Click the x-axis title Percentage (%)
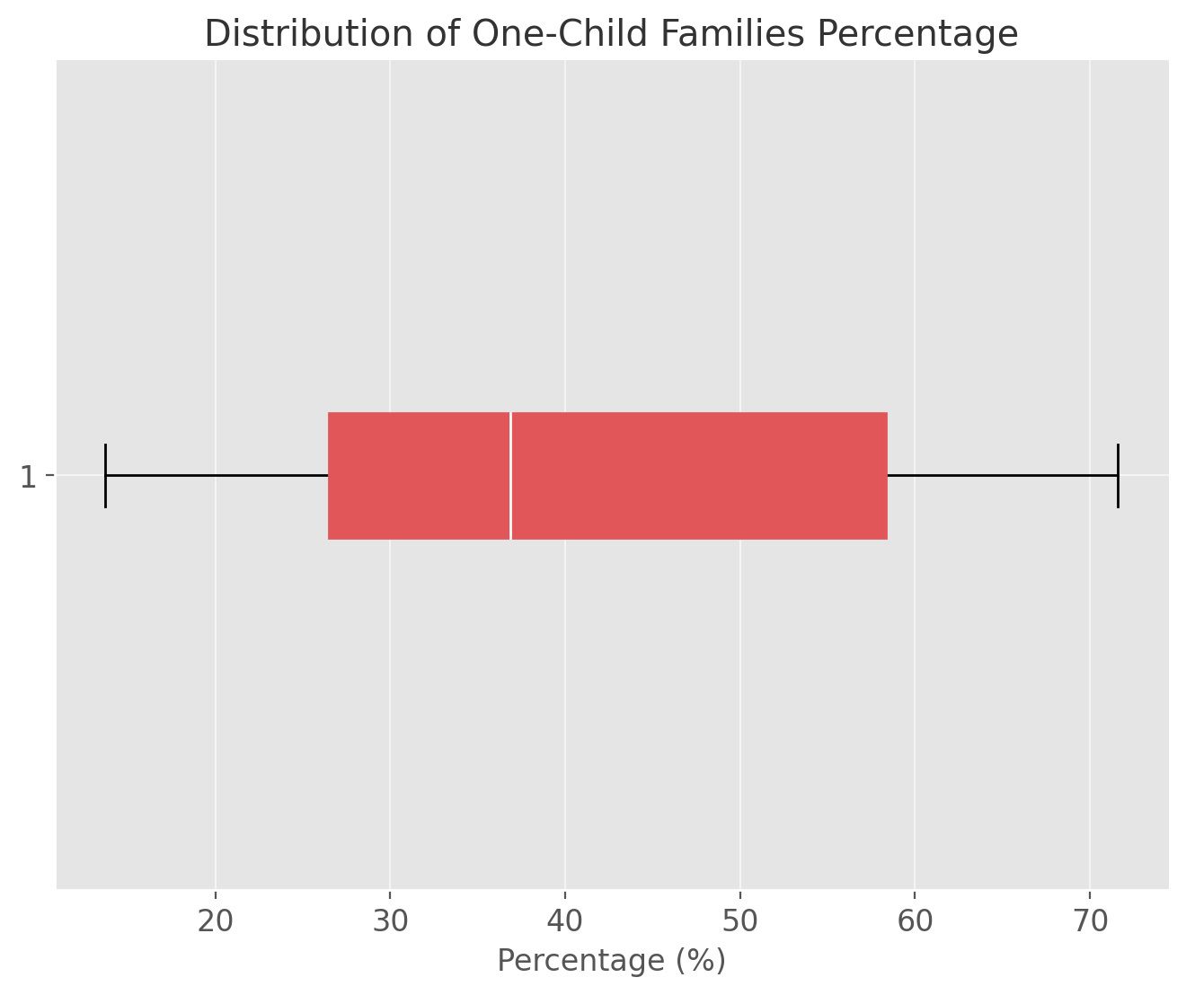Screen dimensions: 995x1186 (x=611, y=961)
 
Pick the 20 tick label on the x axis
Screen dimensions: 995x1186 (x=216, y=922)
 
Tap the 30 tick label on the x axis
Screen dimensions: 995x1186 (x=390, y=922)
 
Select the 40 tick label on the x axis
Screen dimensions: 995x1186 (x=565, y=922)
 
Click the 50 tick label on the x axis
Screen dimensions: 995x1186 (x=739, y=922)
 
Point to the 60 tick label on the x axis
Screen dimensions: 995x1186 (x=915, y=922)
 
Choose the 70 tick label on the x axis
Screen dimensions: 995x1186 (x=1090, y=922)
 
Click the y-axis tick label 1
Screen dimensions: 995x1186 (x=29, y=477)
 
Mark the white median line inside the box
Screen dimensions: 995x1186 (x=510, y=476)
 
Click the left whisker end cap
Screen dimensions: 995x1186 (x=106, y=476)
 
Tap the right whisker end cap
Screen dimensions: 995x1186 (x=1118, y=476)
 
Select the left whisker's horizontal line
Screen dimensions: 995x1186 (x=216, y=476)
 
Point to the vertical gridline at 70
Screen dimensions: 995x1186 (x=1090, y=225)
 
